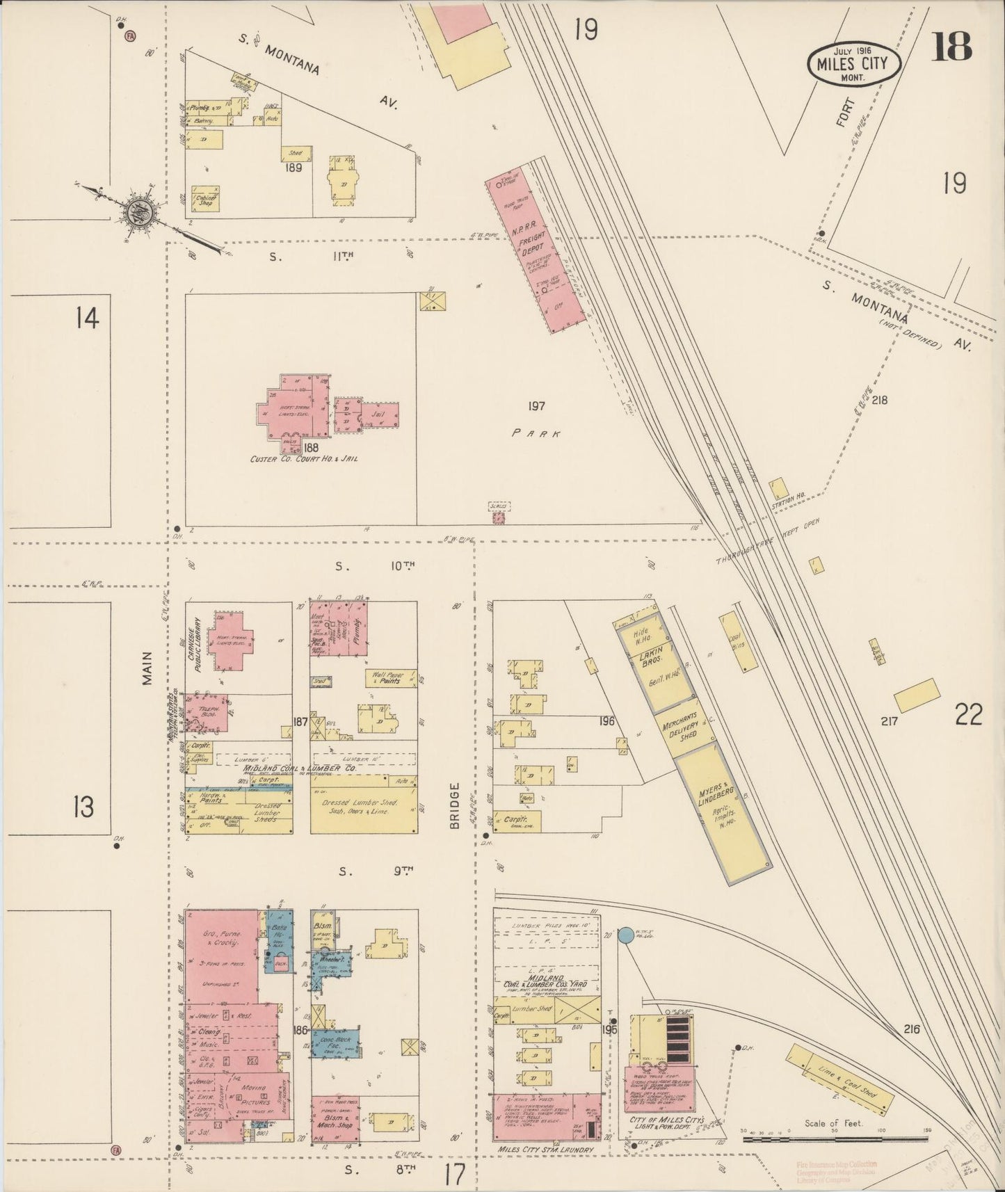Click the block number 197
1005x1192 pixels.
[x=536, y=406]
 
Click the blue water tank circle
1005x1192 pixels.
[x=625, y=935]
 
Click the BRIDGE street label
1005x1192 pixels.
[x=456, y=806]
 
